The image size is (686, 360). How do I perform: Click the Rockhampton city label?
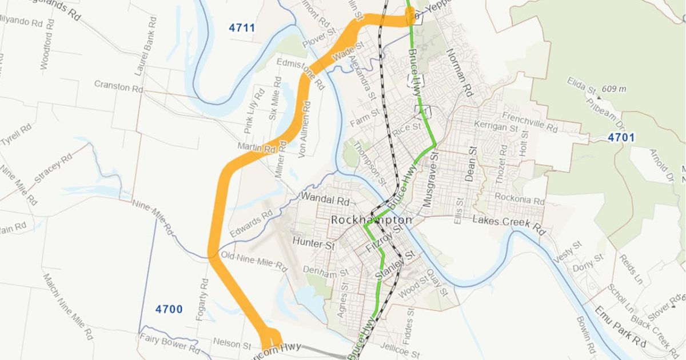click(371, 220)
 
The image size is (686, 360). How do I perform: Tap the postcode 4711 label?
click(242, 28)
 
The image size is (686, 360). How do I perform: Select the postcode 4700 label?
click(169, 310)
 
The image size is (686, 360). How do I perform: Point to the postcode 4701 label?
click(621, 138)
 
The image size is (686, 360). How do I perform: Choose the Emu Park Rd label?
click(620, 328)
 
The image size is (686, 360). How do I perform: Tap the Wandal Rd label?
click(325, 201)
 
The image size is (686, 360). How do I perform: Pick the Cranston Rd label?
click(118, 88)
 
